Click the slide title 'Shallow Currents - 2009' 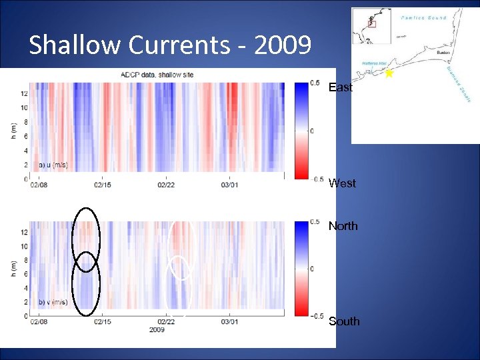pos(170,45)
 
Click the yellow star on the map pos(389,74)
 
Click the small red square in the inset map pos(372,24)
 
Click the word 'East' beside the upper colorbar pos(341,87)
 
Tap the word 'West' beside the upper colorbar pos(342,183)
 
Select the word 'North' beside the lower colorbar pos(343,226)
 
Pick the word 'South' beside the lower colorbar pos(344,321)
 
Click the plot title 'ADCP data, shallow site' pos(157,75)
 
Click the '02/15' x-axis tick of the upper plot pos(102,185)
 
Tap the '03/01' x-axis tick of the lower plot pos(229,322)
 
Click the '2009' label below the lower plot pos(157,329)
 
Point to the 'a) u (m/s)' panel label pos(53,165)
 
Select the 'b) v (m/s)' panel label pos(53,302)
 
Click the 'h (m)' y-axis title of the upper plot pos(13,131)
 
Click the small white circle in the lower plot pos(180,267)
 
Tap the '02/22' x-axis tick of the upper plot pos(165,185)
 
